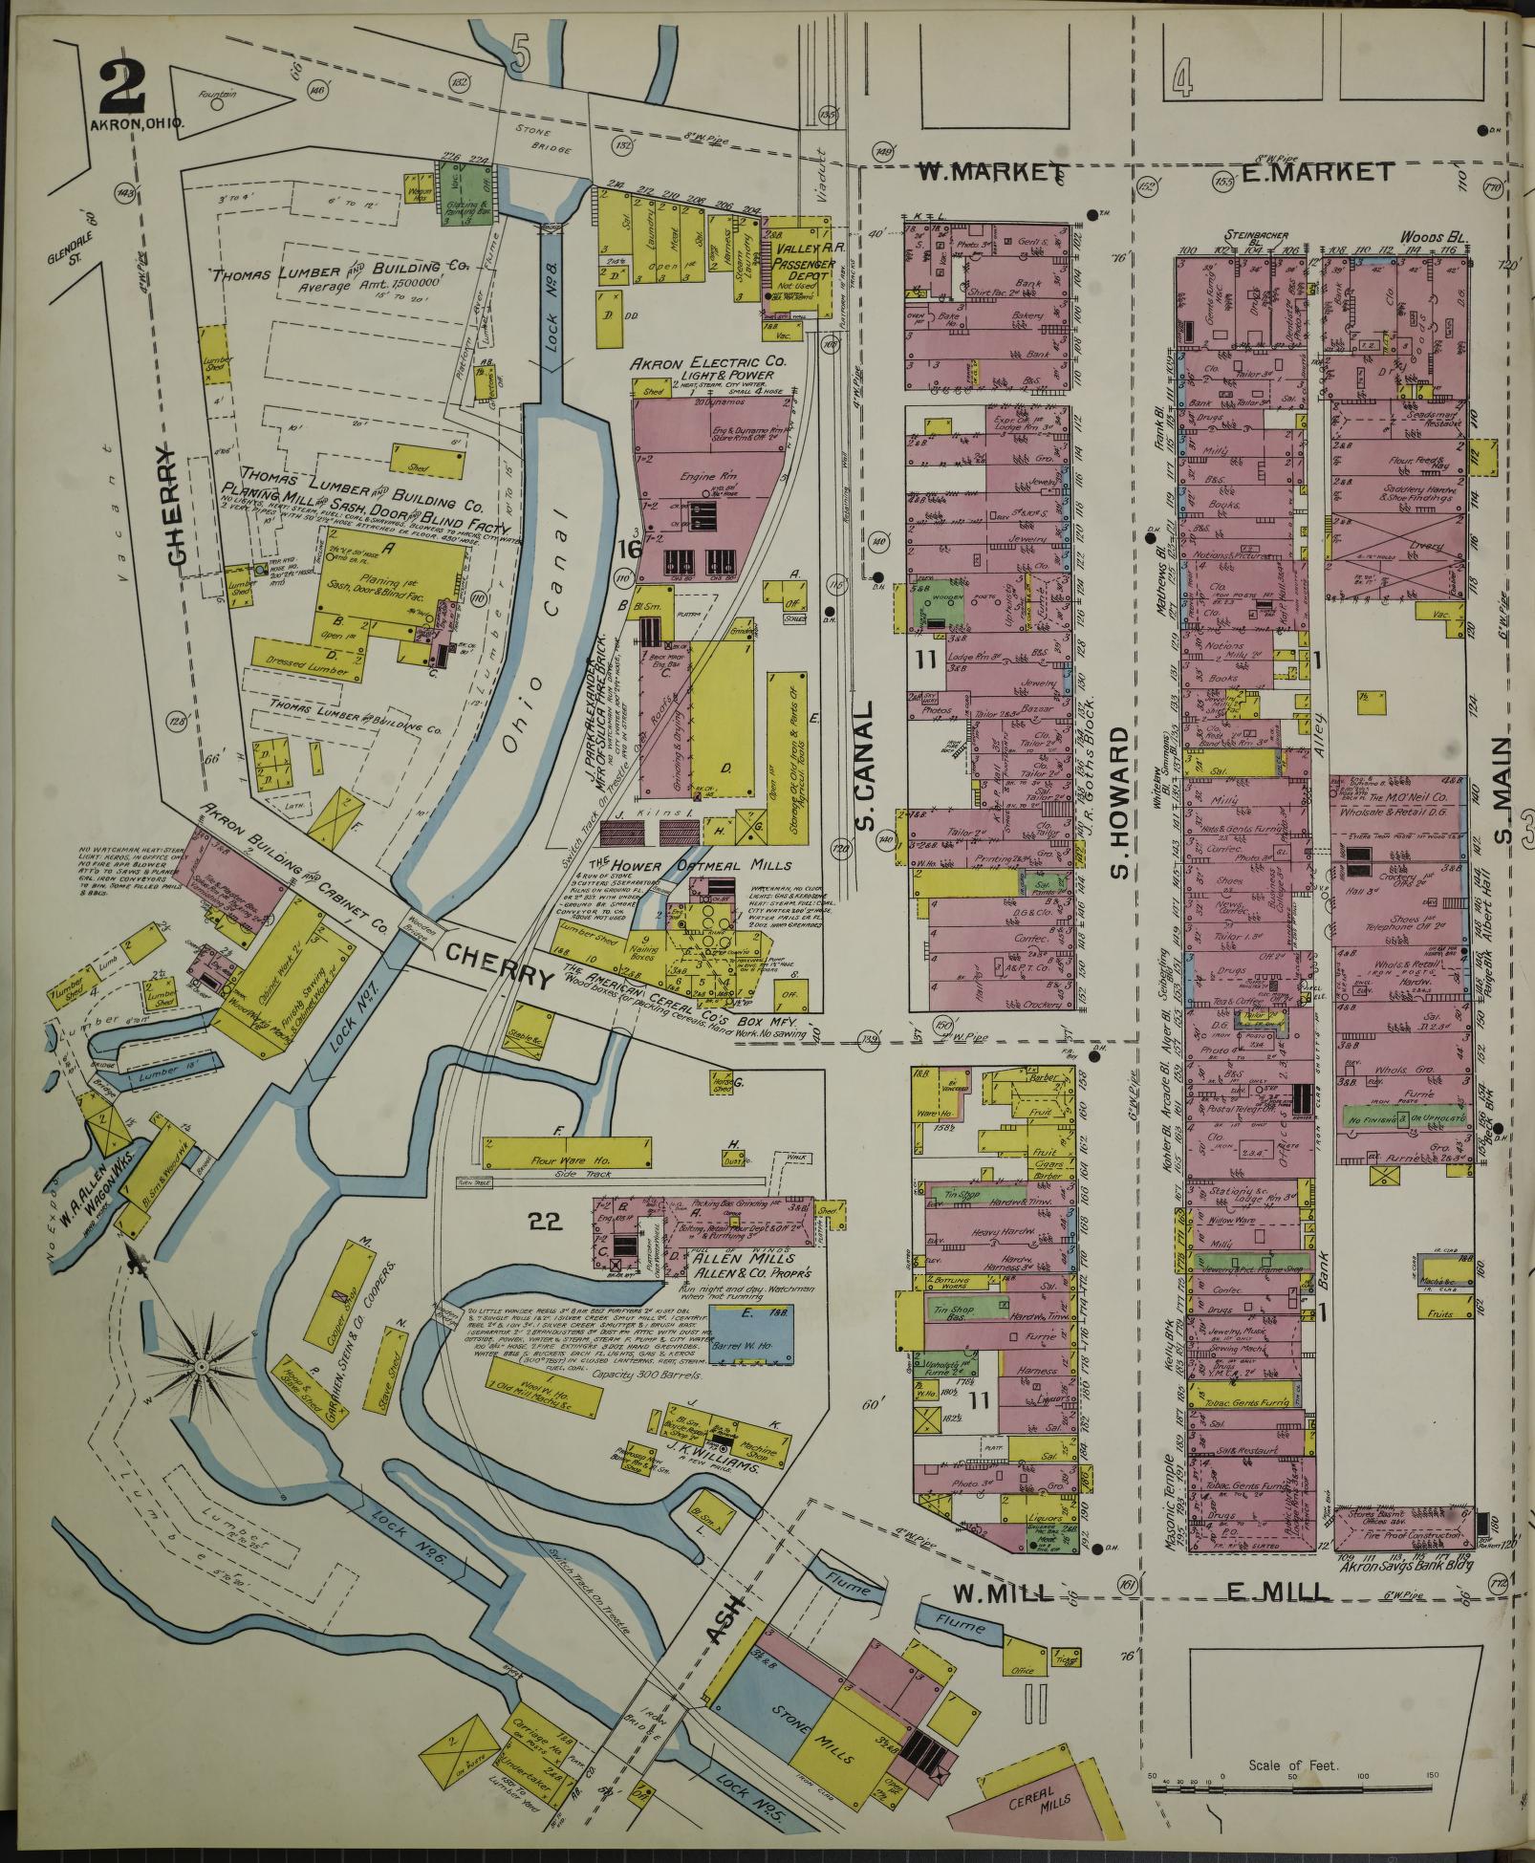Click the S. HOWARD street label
pyautogui.click(x=1121, y=800)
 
